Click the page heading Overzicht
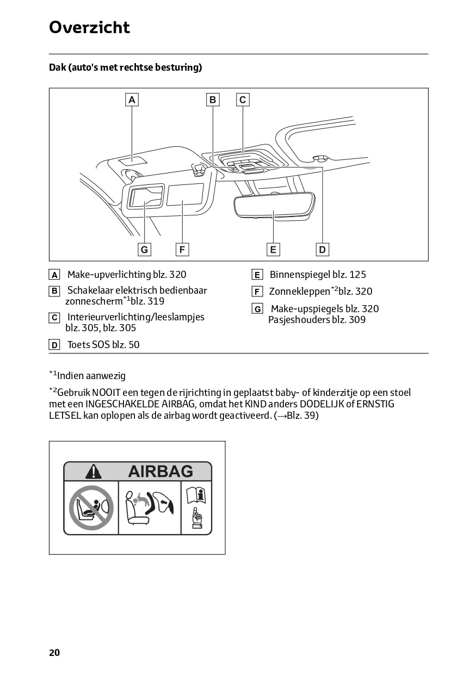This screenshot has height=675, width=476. point(89,27)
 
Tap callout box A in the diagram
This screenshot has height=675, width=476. point(132,100)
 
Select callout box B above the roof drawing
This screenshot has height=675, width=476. point(213,100)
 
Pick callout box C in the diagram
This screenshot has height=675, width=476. point(243,100)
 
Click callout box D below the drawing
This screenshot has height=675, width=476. point(323,249)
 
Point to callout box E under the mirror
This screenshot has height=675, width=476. point(273,249)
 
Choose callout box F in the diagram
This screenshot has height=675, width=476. point(182,249)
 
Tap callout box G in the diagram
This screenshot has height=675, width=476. point(144,249)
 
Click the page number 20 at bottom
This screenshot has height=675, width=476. point(54,653)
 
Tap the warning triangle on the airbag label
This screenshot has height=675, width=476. point(94,471)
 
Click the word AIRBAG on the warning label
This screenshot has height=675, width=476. point(160,471)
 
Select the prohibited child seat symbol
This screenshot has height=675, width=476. point(91,507)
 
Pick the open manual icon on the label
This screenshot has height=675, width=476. point(196,496)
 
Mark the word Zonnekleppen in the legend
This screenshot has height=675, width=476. point(300,292)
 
